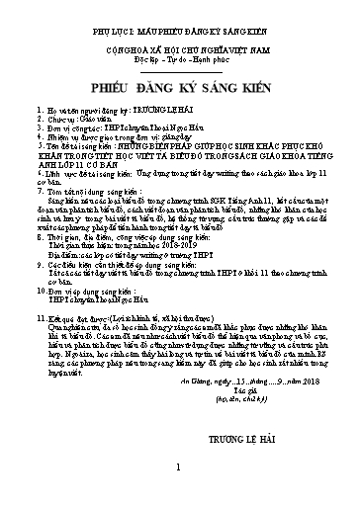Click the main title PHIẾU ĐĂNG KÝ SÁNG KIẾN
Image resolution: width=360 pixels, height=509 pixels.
tap(179, 71)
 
